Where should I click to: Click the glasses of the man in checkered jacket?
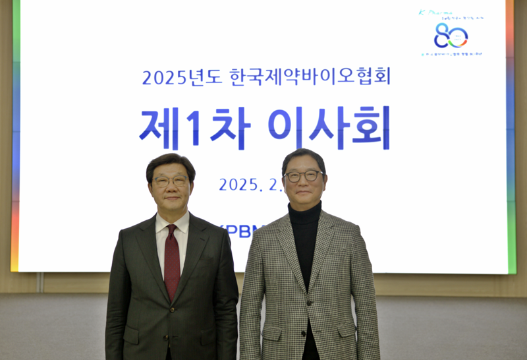coord(304,176)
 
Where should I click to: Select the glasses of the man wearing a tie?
coord(171,181)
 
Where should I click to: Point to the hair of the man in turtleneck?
coord(303,157)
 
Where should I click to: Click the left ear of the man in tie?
coord(150,189)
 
